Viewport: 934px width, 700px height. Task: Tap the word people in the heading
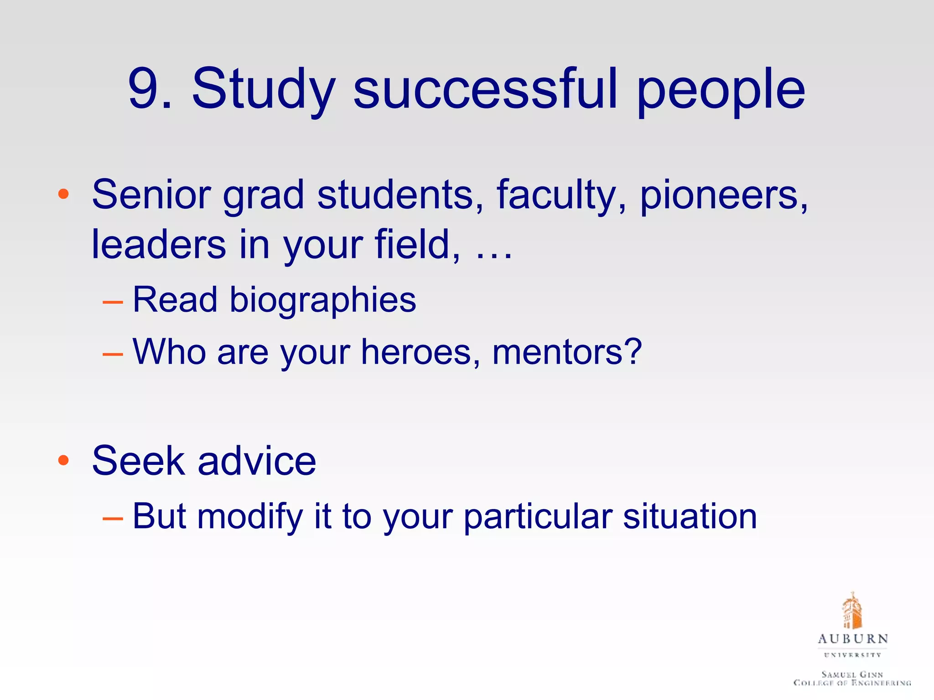(721, 91)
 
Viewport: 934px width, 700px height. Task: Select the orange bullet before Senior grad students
(63, 195)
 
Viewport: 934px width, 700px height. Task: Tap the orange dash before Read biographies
(113, 302)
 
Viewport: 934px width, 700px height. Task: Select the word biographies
(322, 301)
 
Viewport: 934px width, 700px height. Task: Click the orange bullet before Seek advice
(63, 460)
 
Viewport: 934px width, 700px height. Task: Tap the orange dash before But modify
(113, 519)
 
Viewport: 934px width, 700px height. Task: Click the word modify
(250, 517)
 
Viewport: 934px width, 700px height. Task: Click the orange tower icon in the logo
(852, 611)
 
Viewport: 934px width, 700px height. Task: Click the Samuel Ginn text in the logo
(852, 674)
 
